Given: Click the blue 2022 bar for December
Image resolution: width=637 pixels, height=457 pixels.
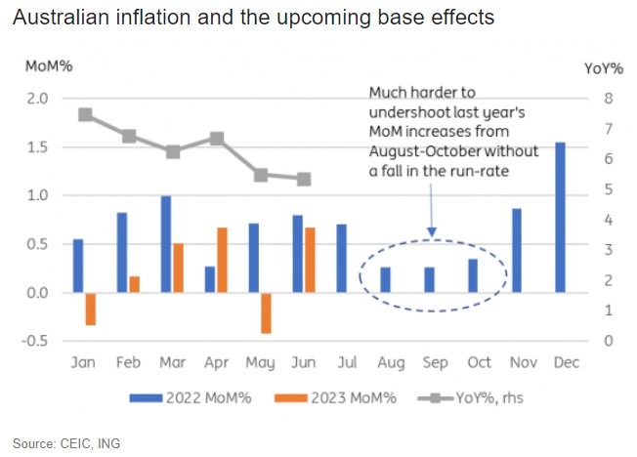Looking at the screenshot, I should point(560,217).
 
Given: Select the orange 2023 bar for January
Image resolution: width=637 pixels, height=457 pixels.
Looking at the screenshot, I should point(91,309).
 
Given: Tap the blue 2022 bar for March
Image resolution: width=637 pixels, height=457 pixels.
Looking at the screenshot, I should point(166,244).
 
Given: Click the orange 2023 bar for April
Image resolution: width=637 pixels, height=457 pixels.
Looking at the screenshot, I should point(222,260).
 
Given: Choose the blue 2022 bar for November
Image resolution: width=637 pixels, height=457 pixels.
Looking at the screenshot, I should point(516,250).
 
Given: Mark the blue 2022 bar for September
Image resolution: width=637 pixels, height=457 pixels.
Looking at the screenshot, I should point(429,279).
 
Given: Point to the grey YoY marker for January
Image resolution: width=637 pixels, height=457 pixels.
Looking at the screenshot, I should point(85,114).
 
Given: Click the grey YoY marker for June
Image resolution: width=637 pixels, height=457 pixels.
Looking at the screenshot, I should point(304,179).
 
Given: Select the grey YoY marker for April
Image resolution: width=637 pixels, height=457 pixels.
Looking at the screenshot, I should point(217,139).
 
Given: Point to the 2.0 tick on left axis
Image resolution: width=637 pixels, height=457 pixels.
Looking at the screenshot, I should point(36,99).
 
